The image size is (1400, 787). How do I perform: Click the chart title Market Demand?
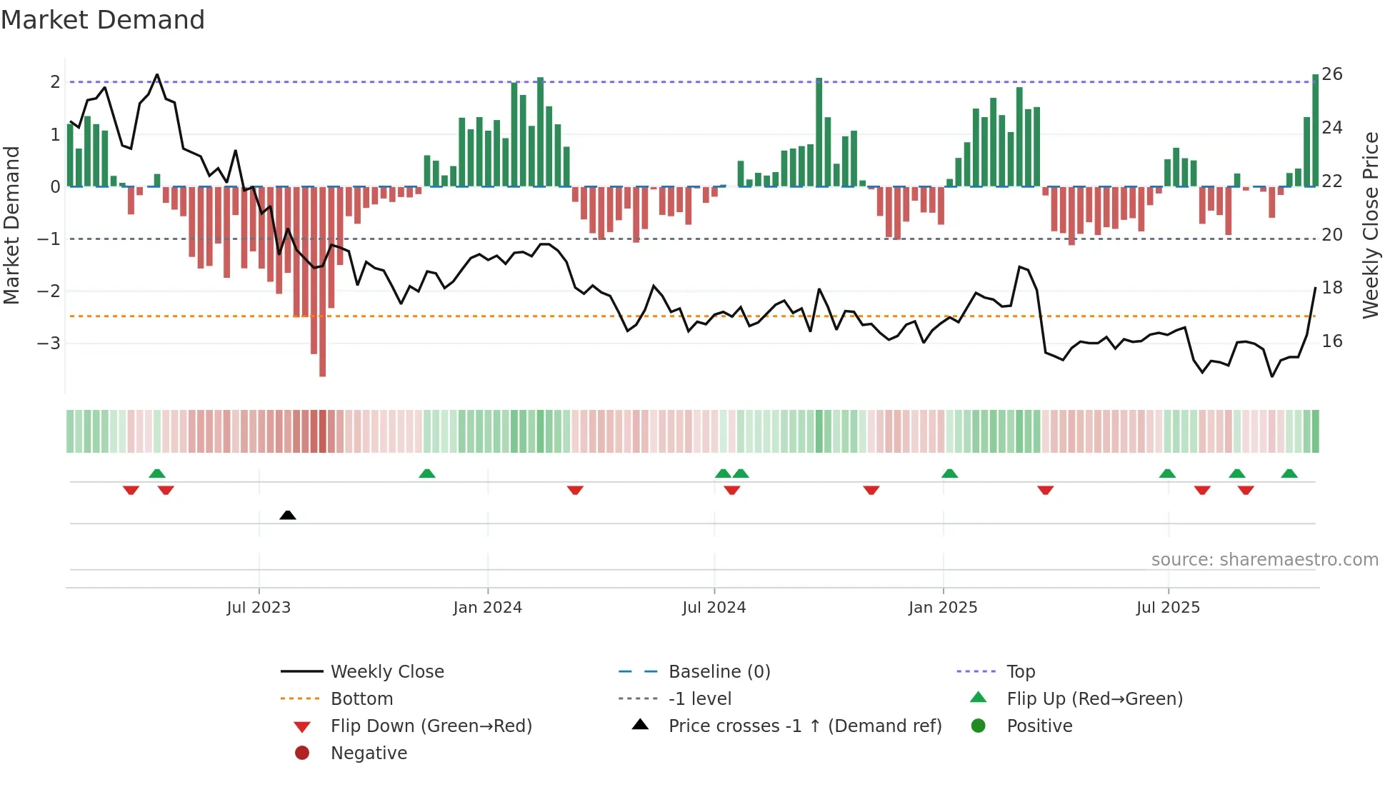click(x=103, y=20)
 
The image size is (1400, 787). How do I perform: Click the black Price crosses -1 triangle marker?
click(x=288, y=515)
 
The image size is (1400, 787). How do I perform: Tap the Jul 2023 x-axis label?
click(x=259, y=608)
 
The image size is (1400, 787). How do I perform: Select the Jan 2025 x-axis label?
click(x=943, y=608)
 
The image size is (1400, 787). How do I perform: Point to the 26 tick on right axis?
click(x=1331, y=74)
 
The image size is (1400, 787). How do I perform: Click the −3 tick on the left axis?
click(x=49, y=344)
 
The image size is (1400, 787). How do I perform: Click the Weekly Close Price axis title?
click(x=1370, y=225)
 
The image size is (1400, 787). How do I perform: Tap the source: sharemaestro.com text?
click(x=1264, y=560)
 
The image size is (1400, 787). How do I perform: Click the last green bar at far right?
click(x=1315, y=129)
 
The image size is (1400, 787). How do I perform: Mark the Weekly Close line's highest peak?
click(x=157, y=75)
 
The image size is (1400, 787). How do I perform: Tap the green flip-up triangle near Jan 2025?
click(x=949, y=473)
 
